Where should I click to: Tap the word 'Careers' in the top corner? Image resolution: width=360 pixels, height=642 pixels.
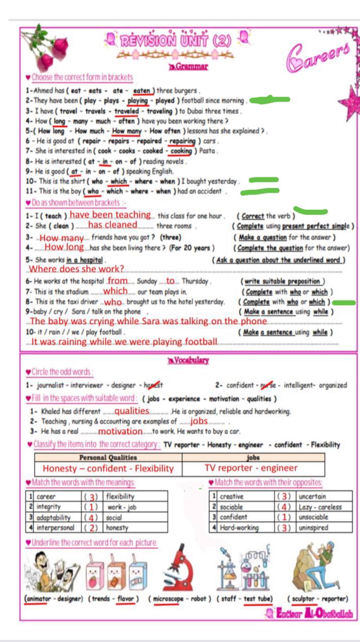[x=318, y=57]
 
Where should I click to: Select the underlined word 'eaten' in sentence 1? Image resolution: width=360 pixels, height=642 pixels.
[x=142, y=91]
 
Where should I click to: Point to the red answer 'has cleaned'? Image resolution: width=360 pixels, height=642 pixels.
[x=112, y=225]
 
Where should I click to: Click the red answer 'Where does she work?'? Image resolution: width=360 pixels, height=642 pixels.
[x=77, y=269]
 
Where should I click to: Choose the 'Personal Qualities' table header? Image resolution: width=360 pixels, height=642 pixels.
[x=108, y=457]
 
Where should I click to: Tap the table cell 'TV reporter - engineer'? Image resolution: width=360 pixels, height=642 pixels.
[x=251, y=468]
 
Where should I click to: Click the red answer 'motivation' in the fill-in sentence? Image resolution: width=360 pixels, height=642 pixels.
[x=120, y=431]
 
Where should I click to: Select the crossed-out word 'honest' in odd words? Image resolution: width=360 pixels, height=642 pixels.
[x=154, y=385]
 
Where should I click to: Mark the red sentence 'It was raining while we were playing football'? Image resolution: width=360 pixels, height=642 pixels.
[x=124, y=342]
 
